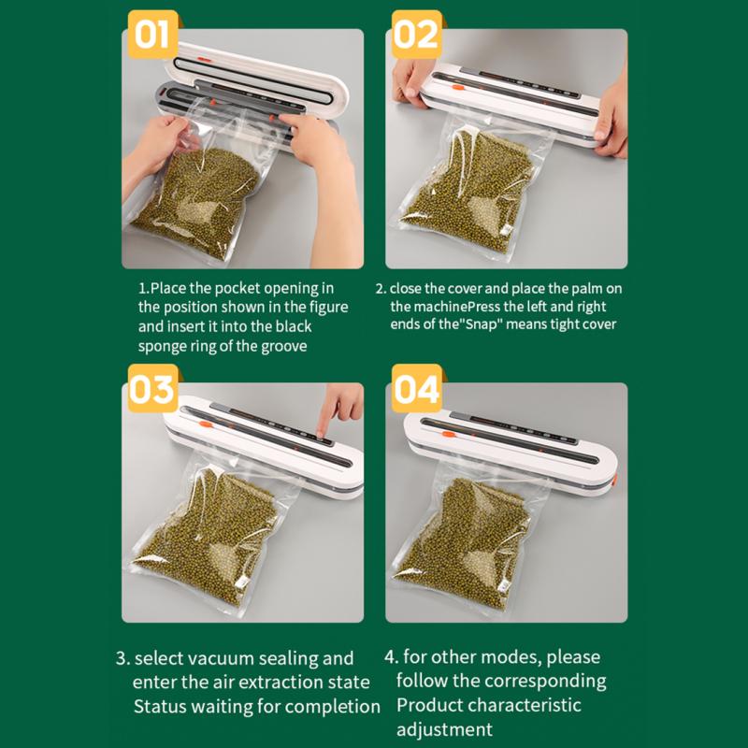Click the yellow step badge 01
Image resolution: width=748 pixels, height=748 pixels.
(x=152, y=35)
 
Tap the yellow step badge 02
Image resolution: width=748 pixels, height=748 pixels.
(x=416, y=35)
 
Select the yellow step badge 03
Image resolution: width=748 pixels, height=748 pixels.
(x=152, y=388)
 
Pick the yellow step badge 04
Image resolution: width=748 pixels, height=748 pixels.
(x=416, y=388)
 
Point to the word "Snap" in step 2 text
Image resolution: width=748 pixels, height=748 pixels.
(x=481, y=324)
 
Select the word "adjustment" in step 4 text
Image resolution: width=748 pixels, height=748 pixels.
(x=444, y=730)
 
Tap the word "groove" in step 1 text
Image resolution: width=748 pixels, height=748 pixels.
(x=283, y=346)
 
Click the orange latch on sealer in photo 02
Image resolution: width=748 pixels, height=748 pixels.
(x=456, y=88)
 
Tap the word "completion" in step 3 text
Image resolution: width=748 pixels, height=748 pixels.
(x=332, y=707)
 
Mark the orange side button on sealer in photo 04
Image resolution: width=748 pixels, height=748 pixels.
(x=613, y=480)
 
